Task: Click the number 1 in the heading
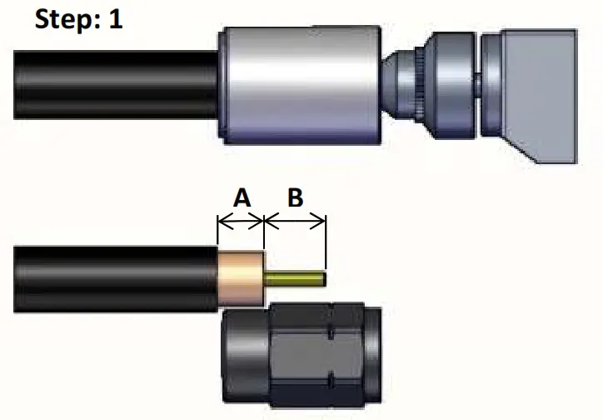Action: coord(114,19)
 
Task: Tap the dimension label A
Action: coord(241,198)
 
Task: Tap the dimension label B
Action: coord(295,198)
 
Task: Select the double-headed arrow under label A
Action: coord(240,222)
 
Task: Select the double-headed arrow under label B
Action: coord(294,222)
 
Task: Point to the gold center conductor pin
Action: coord(295,279)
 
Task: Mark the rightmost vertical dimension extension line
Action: coord(326,242)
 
